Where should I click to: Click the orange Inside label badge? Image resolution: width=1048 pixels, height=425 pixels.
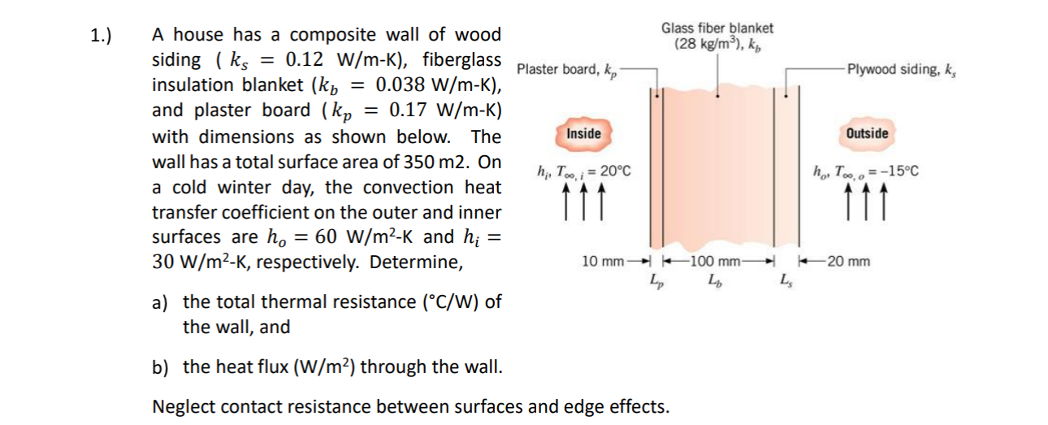583,133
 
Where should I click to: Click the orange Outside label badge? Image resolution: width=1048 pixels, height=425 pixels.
867,133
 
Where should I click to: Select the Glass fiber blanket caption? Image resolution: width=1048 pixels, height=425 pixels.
717,28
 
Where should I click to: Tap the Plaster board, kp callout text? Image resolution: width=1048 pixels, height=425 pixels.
567,69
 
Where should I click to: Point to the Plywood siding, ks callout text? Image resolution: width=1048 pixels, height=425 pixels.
900,69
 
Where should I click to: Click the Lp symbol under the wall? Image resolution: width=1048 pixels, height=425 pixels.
656,281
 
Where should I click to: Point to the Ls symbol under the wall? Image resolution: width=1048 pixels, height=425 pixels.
784,281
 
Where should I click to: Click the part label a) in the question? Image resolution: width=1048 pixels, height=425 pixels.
160,302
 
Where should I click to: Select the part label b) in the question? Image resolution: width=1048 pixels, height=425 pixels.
160,366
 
